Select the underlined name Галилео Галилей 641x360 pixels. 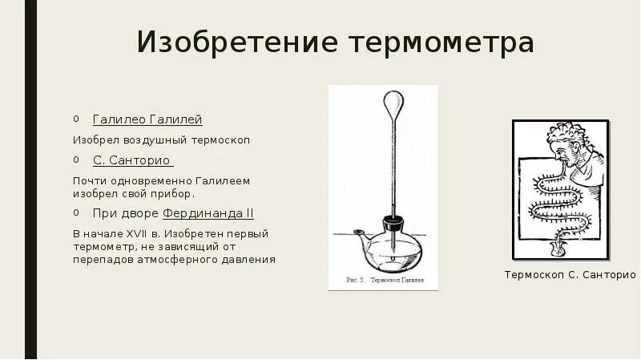click(147, 119)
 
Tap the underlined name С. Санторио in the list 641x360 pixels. click(132, 160)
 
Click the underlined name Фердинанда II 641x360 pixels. click(208, 213)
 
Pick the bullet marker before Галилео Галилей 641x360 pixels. click(76, 119)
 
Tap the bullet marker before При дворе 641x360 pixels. click(76, 213)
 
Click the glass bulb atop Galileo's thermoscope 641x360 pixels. click(391, 103)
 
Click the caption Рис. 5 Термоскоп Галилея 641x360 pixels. click(383, 281)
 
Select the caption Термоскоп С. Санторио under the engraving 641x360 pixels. click(570, 275)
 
